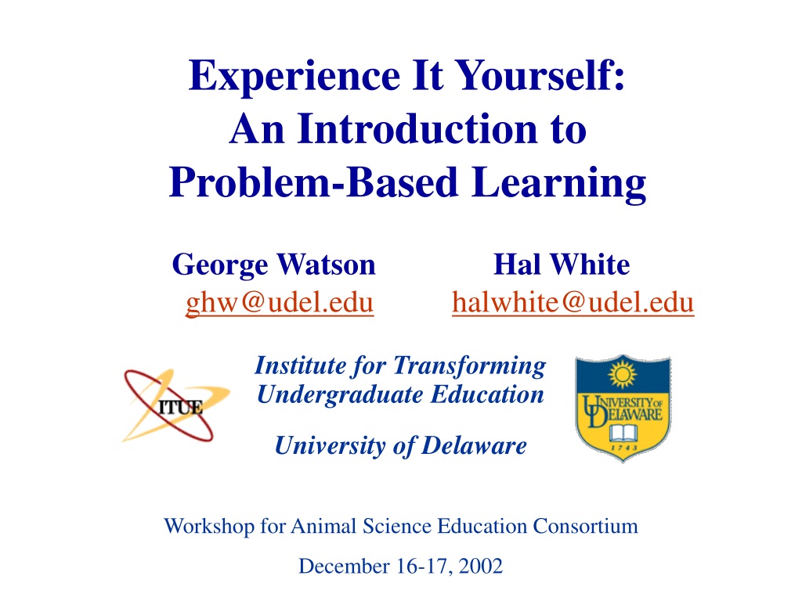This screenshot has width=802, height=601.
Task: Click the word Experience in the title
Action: pos(294,77)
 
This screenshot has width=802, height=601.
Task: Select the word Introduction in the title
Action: pos(417,129)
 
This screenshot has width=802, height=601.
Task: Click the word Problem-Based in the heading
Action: pos(313,183)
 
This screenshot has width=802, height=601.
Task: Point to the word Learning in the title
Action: pos(559,184)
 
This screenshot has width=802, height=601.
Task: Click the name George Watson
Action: pos(273,265)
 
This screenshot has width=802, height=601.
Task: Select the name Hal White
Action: pos(562,265)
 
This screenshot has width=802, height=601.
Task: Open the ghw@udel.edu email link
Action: pos(280,303)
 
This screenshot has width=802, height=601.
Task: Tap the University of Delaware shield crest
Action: pos(623,408)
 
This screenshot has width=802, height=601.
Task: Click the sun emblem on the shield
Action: pos(623,374)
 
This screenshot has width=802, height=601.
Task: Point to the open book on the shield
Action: pos(623,434)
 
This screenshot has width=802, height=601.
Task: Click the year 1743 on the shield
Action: pos(624,448)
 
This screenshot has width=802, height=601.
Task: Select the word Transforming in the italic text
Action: pos(469,366)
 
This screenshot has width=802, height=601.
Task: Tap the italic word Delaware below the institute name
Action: pos(474,445)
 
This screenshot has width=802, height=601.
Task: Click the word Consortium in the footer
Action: pos(585,526)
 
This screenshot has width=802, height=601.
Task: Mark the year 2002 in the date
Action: pos(481,567)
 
